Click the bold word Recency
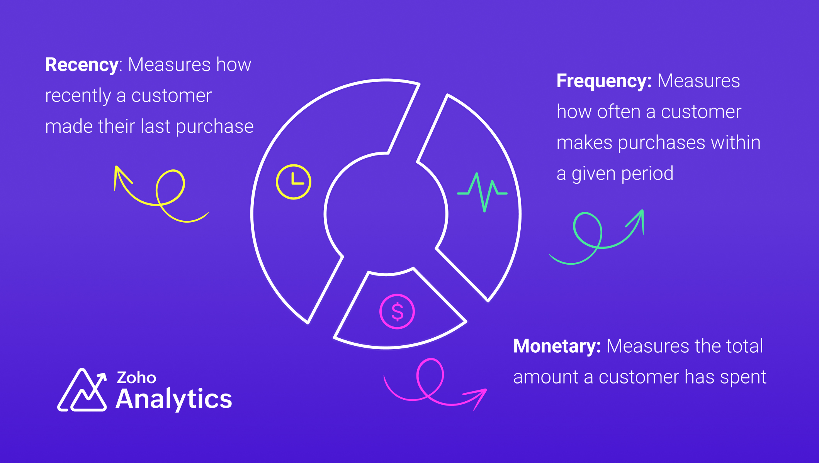(x=82, y=65)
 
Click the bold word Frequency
(x=604, y=81)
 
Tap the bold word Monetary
(x=557, y=346)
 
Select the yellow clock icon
(x=294, y=182)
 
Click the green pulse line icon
(x=482, y=192)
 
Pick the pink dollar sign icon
(x=397, y=311)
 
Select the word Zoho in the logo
(x=136, y=378)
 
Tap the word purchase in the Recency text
(x=215, y=127)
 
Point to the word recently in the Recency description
(x=78, y=96)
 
